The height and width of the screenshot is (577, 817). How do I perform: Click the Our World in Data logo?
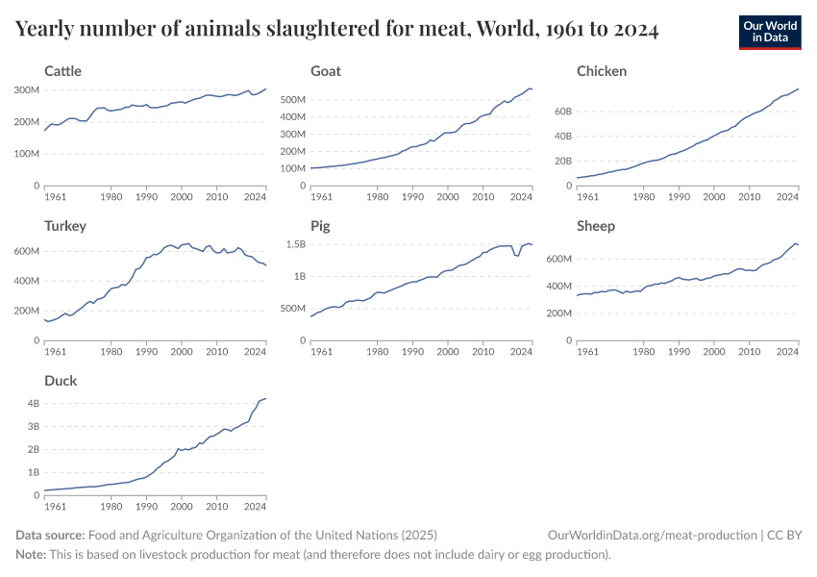[770, 32]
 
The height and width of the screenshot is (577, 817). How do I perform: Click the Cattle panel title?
[62, 71]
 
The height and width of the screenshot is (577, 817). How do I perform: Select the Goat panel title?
[326, 71]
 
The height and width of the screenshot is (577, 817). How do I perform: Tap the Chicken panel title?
[602, 71]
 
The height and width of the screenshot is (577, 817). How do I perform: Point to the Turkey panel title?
[65, 226]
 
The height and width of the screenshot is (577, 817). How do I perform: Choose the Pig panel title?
[320, 226]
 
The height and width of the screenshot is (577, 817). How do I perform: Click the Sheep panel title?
[596, 226]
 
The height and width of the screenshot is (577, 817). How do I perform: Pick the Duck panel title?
[61, 381]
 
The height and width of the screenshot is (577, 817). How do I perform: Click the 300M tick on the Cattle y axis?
[26, 89]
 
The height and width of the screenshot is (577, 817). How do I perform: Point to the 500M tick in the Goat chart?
[291, 99]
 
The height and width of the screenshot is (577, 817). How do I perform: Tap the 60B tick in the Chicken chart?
[559, 112]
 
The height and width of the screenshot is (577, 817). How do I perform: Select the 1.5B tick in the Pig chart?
[294, 245]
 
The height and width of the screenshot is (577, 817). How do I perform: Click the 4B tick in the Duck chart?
[32, 403]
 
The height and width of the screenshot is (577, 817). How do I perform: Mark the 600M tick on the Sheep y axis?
[557, 260]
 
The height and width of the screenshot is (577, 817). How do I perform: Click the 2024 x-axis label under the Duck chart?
[255, 507]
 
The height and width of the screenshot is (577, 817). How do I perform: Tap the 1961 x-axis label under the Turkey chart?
[56, 352]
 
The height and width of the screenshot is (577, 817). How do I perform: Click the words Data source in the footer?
[50, 535]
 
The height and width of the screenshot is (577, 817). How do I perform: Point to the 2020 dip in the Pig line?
[517, 255]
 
